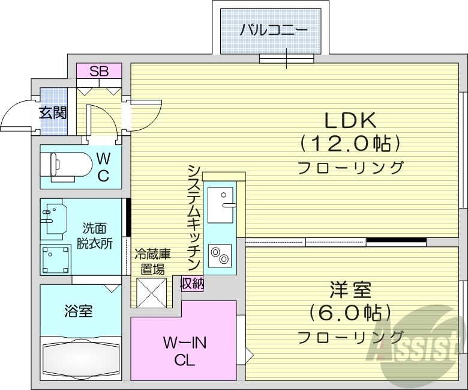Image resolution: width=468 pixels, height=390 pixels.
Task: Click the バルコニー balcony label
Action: [274, 29]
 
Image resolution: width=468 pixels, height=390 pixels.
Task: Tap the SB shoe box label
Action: [99, 72]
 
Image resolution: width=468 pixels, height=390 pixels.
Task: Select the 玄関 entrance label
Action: [53, 112]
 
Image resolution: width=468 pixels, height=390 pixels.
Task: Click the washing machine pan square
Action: [56, 259]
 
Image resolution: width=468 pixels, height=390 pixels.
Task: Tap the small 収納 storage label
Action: [192, 282]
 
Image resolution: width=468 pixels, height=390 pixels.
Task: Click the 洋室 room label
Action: [350, 290]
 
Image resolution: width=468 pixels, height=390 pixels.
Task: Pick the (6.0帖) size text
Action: [350, 313]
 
